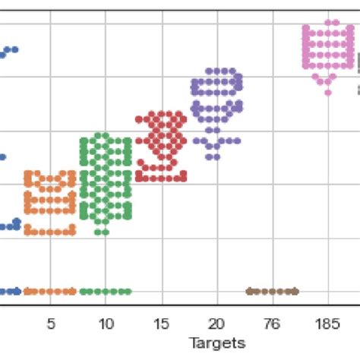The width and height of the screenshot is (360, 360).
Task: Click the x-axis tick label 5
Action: click(50, 324)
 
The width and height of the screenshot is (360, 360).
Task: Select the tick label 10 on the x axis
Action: click(106, 324)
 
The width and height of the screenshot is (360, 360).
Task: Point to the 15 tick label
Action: click(161, 324)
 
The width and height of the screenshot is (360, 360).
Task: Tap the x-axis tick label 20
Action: click(216, 324)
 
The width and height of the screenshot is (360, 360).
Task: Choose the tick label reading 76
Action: click(272, 324)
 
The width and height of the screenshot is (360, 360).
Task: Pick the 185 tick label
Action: click(327, 324)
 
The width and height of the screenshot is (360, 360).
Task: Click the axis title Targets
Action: click(216, 343)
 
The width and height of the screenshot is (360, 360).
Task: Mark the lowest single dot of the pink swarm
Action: click(328, 92)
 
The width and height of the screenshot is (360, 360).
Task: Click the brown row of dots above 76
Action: click(272, 291)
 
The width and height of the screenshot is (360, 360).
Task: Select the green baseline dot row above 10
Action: click(106, 291)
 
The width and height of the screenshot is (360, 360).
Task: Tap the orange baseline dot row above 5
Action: click(50, 291)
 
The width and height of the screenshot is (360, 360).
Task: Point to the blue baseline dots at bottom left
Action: click(9, 291)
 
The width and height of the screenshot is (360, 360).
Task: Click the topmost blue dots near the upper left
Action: click(9, 52)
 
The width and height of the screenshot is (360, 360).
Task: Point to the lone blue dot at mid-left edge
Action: click(2, 157)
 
